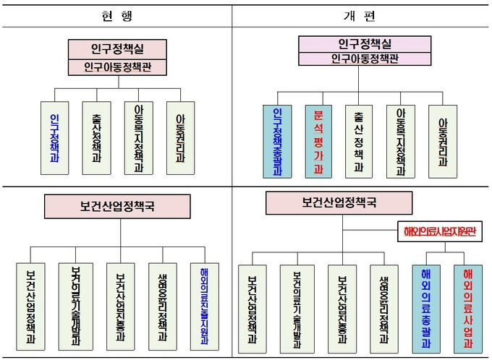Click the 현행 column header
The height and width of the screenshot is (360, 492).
[x=116, y=14]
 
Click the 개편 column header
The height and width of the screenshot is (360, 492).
[x=361, y=14]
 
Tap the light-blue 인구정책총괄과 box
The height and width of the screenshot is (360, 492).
[x=277, y=142]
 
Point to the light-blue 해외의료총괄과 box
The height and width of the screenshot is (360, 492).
[x=426, y=301]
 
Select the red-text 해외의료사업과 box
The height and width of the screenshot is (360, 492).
[x=467, y=301]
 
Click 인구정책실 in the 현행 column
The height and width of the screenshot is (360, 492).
[x=116, y=48]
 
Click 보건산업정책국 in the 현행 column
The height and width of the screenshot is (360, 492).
[x=116, y=206]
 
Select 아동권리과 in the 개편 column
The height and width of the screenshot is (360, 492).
[x=444, y=142]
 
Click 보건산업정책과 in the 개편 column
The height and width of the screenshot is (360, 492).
[x=253, y=303]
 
